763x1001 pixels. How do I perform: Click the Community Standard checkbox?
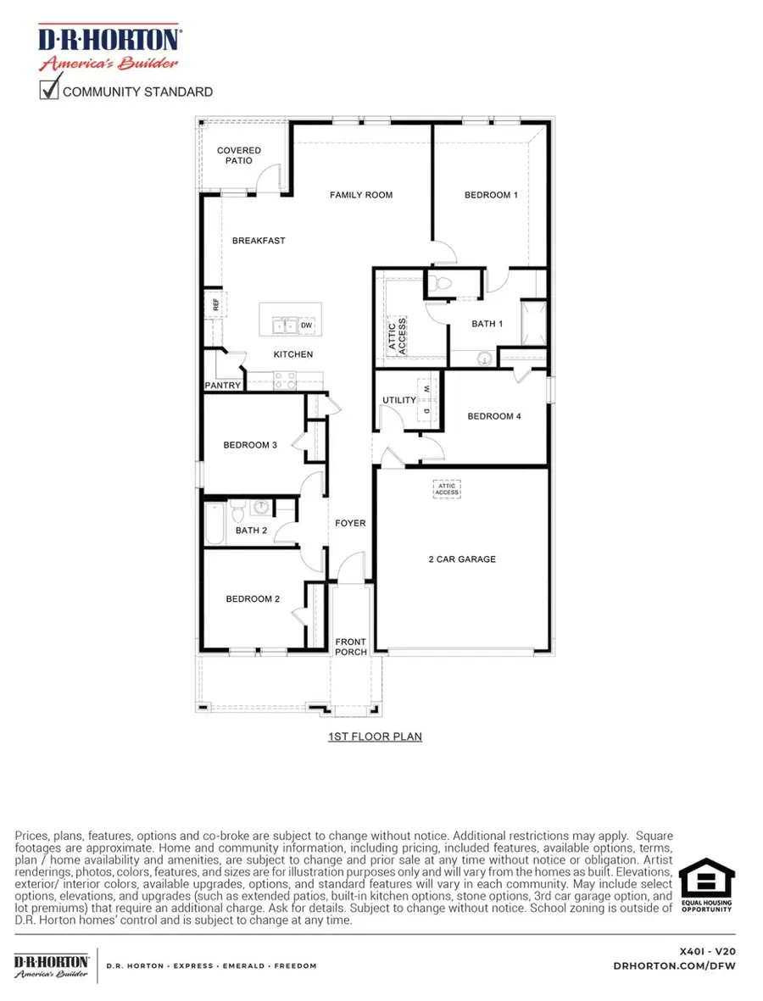[x=49, y=89]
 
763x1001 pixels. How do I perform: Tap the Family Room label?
[x=361, y=195]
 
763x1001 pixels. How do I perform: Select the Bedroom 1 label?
[x=491, y=195]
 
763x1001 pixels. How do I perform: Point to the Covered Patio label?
[x=239, y=155]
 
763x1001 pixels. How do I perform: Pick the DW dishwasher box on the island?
[x=306, y=325]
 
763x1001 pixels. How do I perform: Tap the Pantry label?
[x=223, y=386]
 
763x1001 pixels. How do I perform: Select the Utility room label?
[x=399, y=400]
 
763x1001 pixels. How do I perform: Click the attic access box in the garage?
[x=447, y=489]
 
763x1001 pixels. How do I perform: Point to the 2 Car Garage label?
[x=461, y=559]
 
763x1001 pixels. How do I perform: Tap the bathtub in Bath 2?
[x=213, y=523]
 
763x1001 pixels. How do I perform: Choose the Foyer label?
[x=350, y=523]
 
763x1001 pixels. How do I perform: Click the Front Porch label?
[x=351, y=647]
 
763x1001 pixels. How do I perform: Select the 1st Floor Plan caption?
[x=375, y=737]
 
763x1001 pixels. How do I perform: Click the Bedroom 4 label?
[x=494, y=416]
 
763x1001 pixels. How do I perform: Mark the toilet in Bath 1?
[x=441, y=283]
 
